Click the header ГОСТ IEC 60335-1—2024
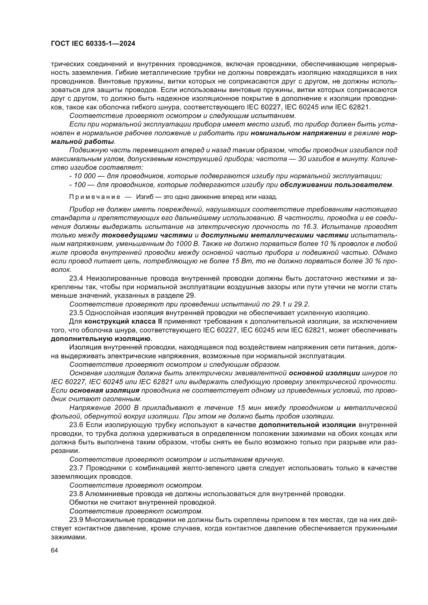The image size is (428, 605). (93, 44)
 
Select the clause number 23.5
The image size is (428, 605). (76, 313)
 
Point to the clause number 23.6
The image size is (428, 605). (76, 425)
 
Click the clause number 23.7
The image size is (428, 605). (76, 468)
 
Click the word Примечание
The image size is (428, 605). (95, 197)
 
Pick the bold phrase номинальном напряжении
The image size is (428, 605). (298, 133)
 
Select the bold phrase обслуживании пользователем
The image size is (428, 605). (336, 185)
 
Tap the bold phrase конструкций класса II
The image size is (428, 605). (123, 322)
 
